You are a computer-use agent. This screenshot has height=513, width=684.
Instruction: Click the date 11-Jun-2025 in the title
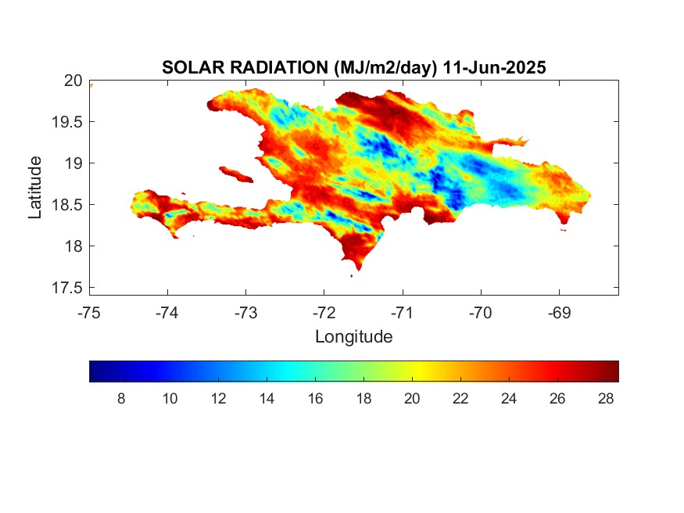pos(494,68)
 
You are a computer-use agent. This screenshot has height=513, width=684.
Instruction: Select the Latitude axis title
pos(35,186)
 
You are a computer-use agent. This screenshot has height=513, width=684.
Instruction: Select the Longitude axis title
pos(353,337)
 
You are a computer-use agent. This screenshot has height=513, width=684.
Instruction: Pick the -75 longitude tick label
pos(90,313)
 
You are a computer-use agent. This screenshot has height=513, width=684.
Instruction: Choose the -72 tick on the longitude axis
pos(324,313)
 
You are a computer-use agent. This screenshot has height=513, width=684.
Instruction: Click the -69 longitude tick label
pos(559,313)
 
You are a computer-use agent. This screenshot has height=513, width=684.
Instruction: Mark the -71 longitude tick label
pos(403,313)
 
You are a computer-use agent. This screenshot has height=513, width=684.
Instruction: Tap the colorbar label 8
pos(121,399)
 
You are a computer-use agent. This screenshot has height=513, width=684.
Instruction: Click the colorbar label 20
pos(412,399)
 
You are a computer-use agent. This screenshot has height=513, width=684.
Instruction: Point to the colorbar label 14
pos(267,399)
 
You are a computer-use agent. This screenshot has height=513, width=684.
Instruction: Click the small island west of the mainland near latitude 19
pos(234,173)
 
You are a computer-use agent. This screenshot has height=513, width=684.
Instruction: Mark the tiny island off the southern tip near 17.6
pos(351,275)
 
